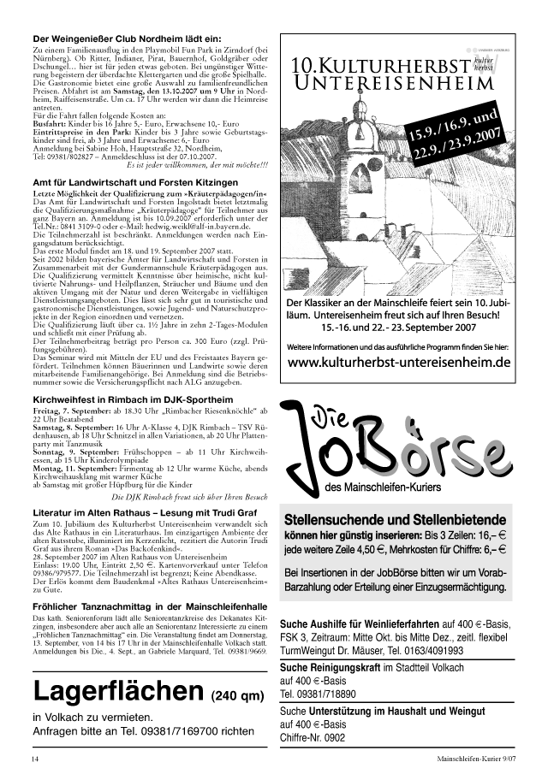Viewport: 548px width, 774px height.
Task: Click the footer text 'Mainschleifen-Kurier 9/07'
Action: coord(474,759)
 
